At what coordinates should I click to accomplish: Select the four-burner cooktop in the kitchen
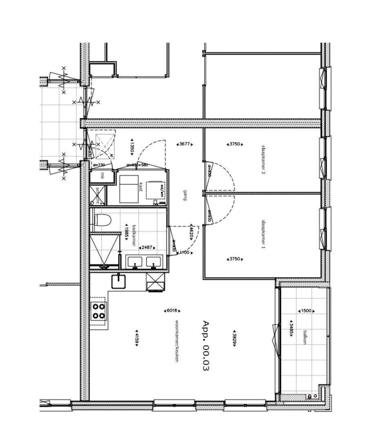pyautogui.click(x=98, y=311)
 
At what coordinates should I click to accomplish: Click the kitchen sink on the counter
pyautogui.click(x=117, y=281)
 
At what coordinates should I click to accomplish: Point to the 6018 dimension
pyautogui.click(x=172, y=311)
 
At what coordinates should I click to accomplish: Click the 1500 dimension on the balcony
pyautogui.click(x=306, y=311)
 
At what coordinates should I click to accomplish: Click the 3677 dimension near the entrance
pyautogui.click(x=184, y=144)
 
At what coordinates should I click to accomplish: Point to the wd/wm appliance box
pyautogui.click(x=155, y=189)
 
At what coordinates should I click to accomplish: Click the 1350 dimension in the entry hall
pyautogui.click(x=132, y=147)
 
